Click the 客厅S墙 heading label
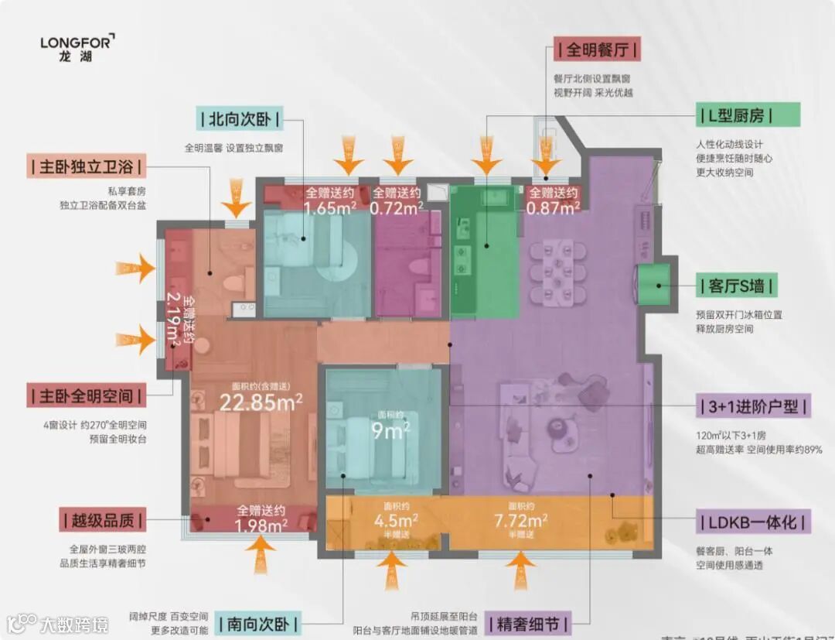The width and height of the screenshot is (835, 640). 736,286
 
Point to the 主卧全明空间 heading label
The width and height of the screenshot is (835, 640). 85,395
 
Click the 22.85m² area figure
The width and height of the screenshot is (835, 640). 261,402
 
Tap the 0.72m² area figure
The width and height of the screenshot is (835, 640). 397,207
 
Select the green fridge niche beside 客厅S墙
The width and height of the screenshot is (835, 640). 653,286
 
